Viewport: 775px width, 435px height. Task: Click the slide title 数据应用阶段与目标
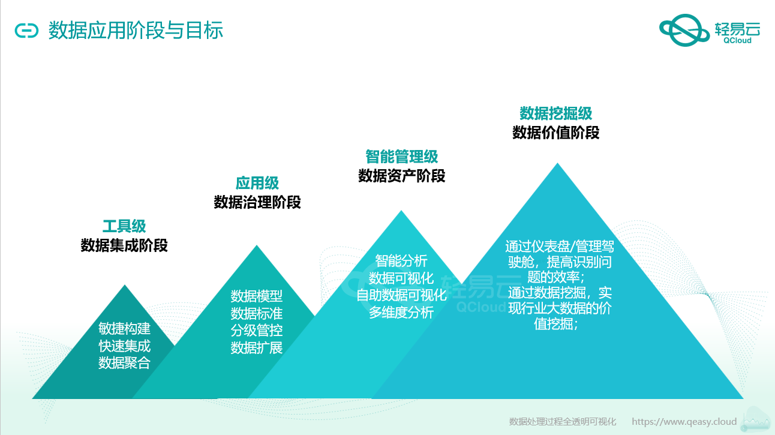pyautogui.click(x=136, y=31)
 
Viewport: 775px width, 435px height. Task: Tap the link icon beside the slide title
pyautogui.click(x=26, y=31)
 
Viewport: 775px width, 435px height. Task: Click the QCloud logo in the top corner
pyautogui.click(x=710, y=30)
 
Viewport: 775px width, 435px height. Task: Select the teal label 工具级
pyautogui.click(x=124, y=226)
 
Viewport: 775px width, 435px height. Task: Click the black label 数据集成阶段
pyautogui.click(x=124, y=245)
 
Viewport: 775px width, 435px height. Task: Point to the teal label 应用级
pyautogui.click(x=257, y=183)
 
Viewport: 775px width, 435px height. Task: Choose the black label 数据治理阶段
pyautogui.click(x=257, y=202)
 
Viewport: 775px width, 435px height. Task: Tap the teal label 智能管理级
pyautogui.click(x=402, y=157)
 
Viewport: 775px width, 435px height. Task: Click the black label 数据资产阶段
pyautogui.click(x=402, y=176)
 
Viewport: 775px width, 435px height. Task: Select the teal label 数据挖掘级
pyautogui.click(x=556, y=113)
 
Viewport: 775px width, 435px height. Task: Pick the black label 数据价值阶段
pyautogui.click(x=556, y=133)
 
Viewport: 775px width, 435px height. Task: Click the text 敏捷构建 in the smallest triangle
pyautogui.click(x=125, y=328)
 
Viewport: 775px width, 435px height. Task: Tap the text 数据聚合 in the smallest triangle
pyautogui.click(x=125, y=363)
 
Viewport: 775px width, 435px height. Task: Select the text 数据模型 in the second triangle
pyautogui.click(x=257, y=296)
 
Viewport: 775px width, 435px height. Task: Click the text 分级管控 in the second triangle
pyautogui.click(x=257, y=331)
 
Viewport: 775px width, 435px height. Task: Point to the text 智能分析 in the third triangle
pyautogui.click(x=401, y=261)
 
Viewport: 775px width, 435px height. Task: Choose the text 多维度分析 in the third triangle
pyautogui.click(x=401, y=313)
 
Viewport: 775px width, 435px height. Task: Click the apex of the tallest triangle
pyautogui.click(x=557, y=163)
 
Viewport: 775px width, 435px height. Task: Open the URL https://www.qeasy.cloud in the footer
pyautogui.click(x=684, y=422)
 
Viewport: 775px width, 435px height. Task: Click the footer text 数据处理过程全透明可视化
pyautogui.click(x=563, y=422)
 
